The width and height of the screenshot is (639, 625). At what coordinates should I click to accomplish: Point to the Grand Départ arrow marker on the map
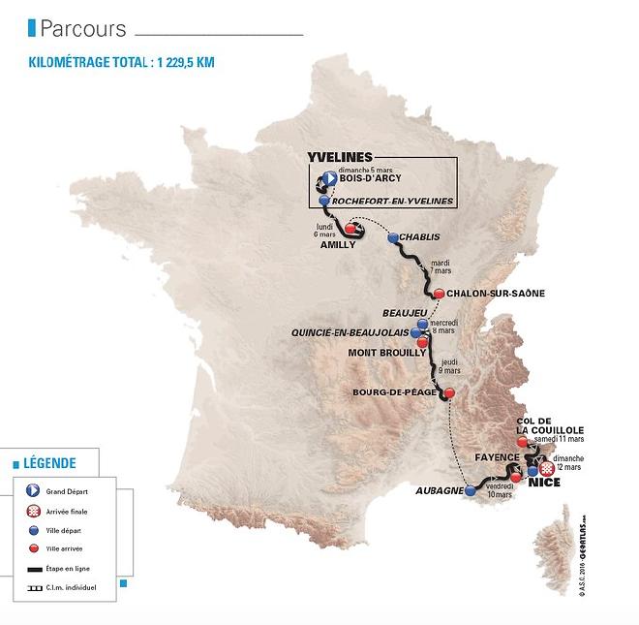[x=328, y=178]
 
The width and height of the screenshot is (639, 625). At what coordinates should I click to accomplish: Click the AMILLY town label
[x=338, y=245]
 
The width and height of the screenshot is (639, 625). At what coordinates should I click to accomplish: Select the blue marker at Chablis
[x=392, y=237]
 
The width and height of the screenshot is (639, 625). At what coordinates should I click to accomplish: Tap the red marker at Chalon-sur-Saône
[x=439, y=294]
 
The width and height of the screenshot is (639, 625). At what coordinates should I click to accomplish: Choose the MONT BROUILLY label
[x=387, y=353]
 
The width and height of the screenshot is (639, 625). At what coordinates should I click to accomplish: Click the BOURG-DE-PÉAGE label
[x=390, y=393]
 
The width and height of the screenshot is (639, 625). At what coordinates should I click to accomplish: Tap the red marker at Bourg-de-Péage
[x=449, y=392]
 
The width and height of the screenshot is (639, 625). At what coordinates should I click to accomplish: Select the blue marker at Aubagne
[x=471, y=491]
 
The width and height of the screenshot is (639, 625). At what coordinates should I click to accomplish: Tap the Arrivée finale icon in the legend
[x=33, y=510]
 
